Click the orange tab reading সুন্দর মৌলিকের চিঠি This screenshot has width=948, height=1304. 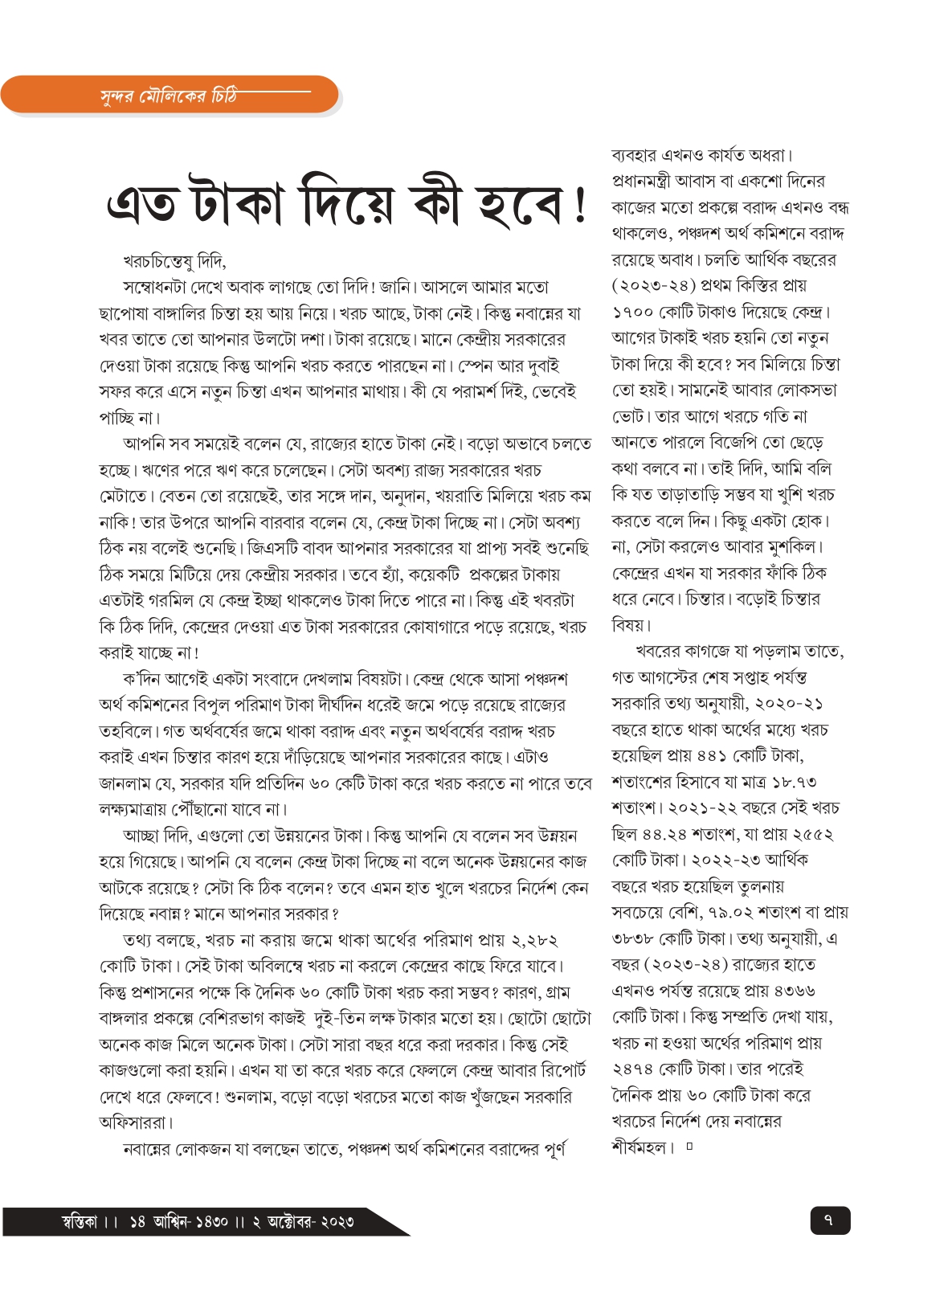pyautogui.click(x=169, y=96)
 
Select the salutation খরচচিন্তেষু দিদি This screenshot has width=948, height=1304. pyautogui.click(x=174, y=262)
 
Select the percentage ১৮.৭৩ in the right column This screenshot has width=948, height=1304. pyautogui.click(x=794, y=783)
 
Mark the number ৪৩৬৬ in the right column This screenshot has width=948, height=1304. pyautogui.click(x=792, y=991)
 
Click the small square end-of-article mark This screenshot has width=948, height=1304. pyautogui.click(x=689, y=1147)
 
